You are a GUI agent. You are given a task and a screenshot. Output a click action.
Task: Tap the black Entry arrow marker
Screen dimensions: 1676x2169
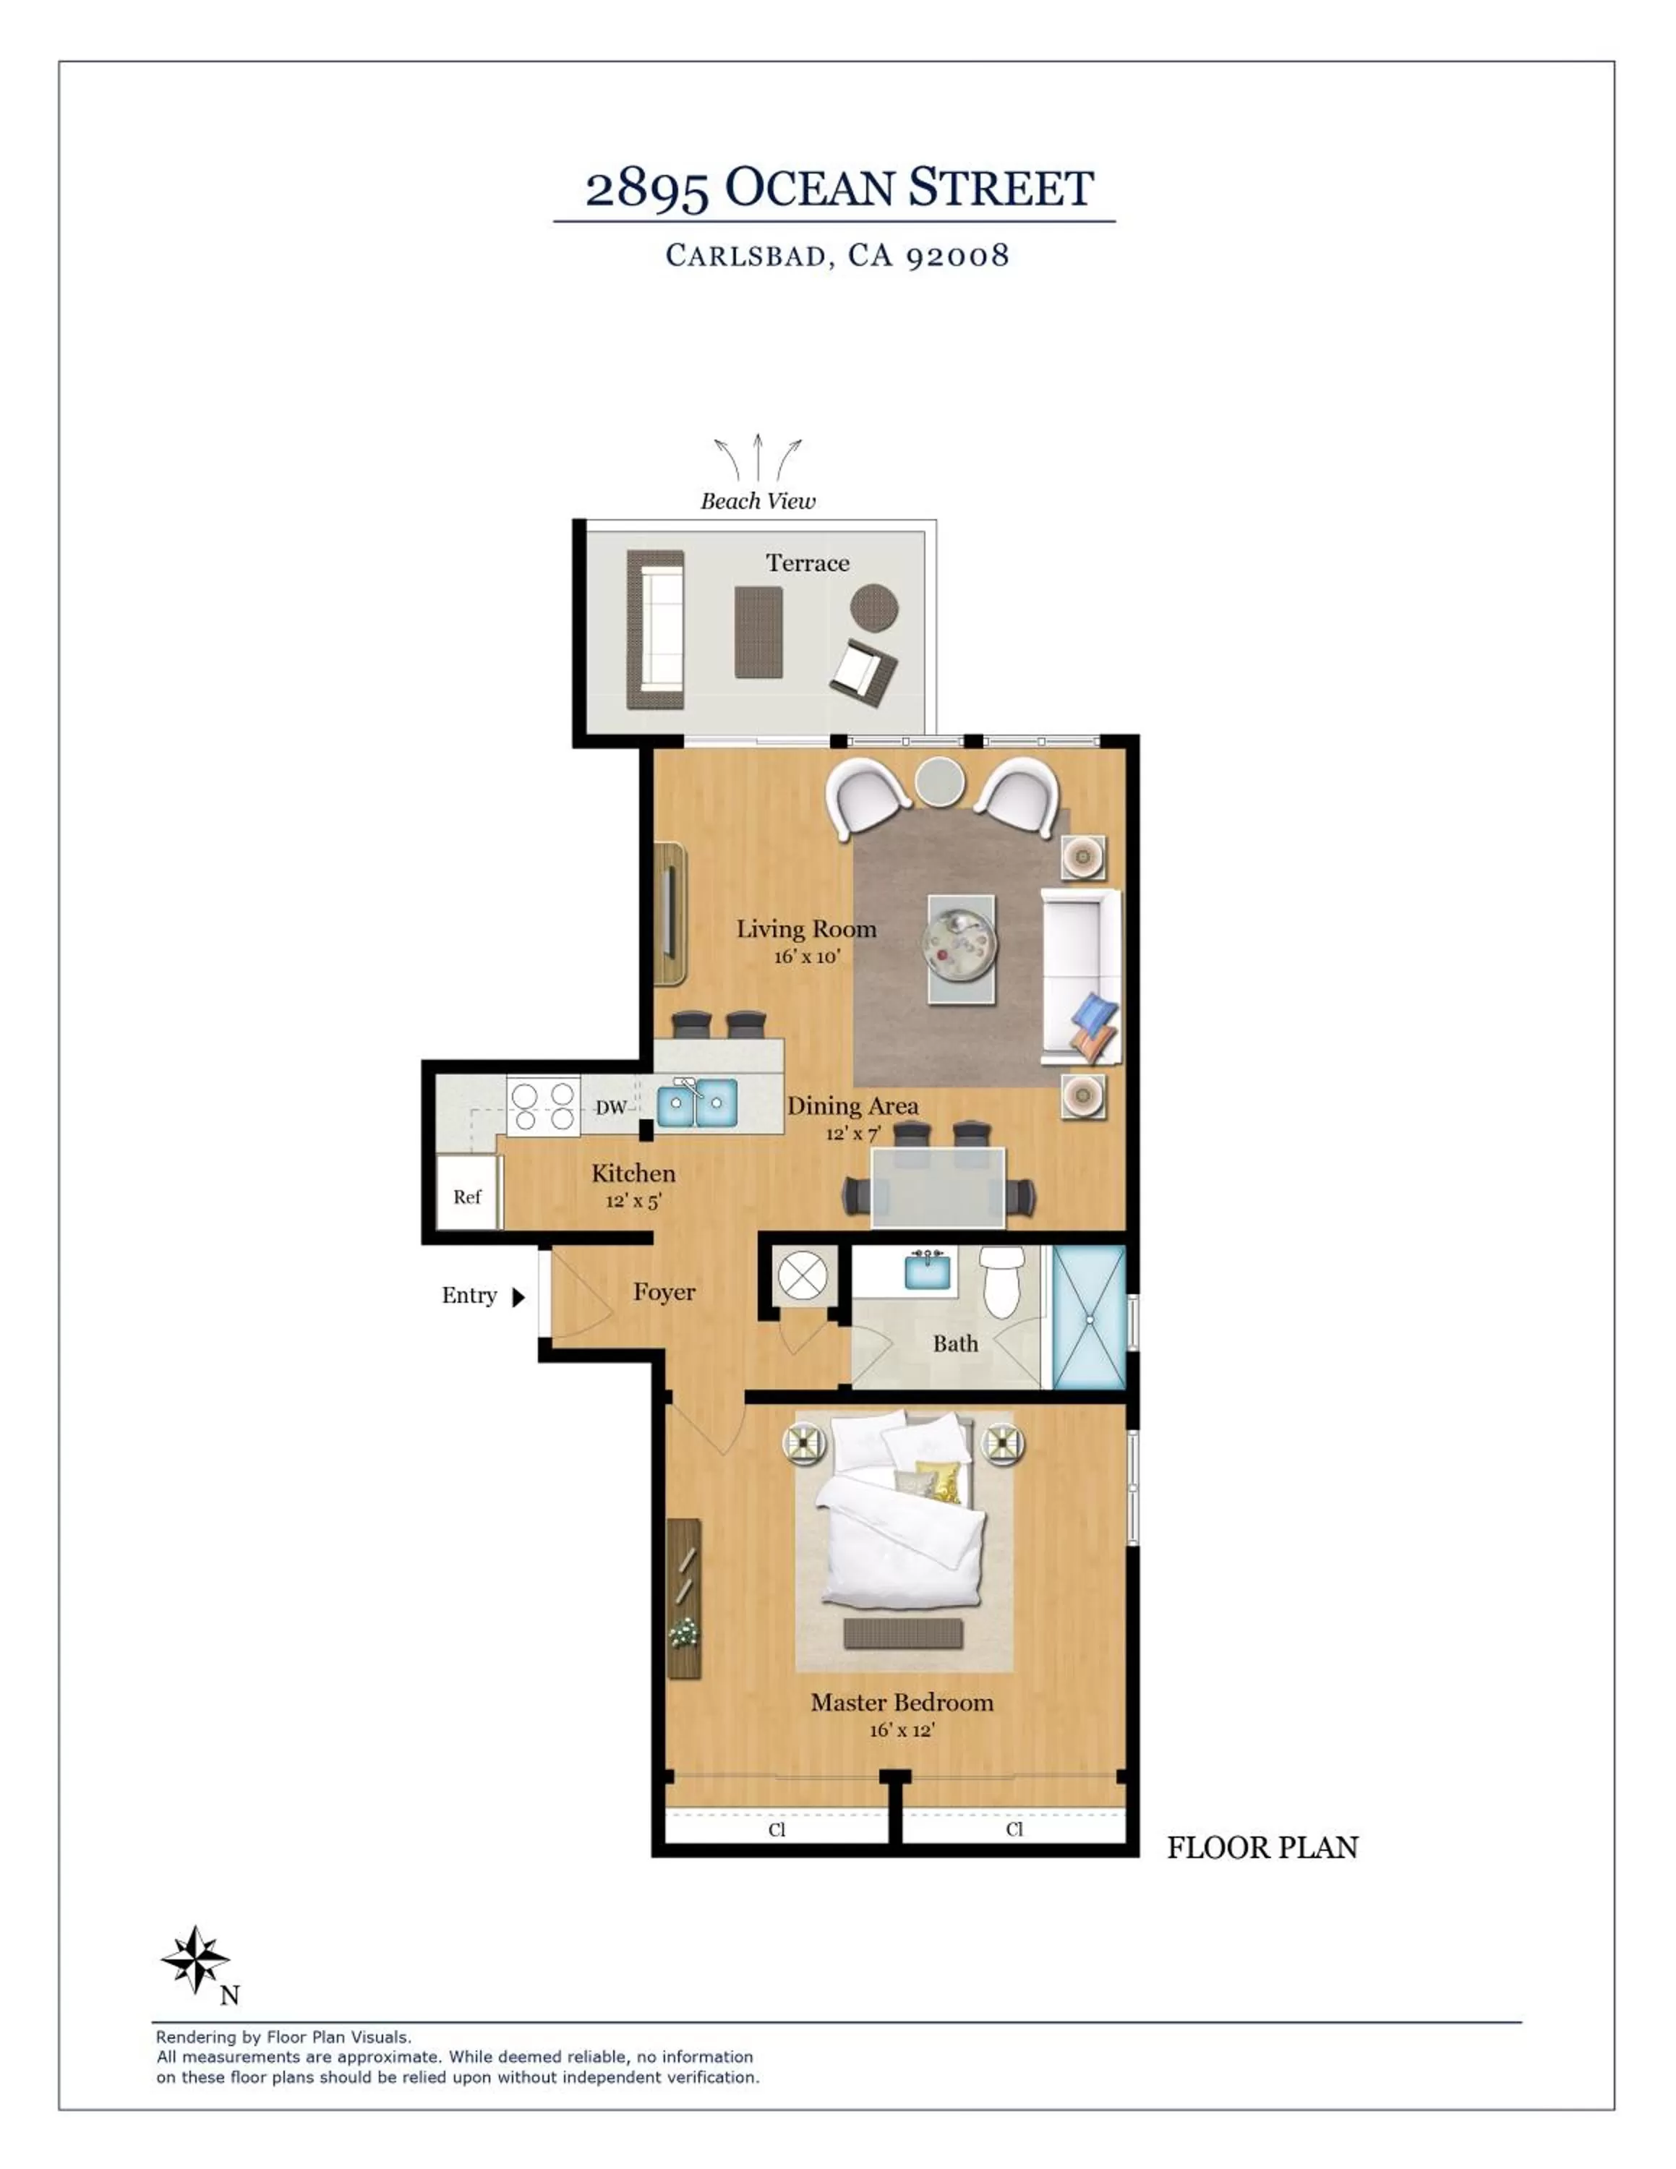pyautogui.click(x=517, y=1297)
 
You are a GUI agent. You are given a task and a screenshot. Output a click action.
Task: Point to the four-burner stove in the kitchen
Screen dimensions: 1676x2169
pyautogui.click(x=543, y=1106)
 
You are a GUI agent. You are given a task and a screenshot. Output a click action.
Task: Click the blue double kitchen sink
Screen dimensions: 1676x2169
pyautogui.click(x=697, y=1103)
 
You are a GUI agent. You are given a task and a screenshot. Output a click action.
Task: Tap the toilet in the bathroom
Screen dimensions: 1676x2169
pyautogui.click(x=1003, y=1281)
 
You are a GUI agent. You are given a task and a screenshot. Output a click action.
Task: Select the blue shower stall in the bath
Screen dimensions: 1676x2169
pyautogui.click(x=1088, y=1317)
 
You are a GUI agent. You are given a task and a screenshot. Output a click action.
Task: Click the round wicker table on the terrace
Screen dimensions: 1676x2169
pyautogui.click(x=873, y=607)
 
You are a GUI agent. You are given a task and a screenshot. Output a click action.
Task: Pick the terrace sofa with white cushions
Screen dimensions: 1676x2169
pyautogui.click(x=655, y=630)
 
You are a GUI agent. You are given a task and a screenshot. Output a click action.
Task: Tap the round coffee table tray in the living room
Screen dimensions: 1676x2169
pyautogui.click(x=960, y=947)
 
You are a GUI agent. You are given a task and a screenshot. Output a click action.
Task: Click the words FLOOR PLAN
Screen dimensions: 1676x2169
pyautogui.click(x=1262, y=1848)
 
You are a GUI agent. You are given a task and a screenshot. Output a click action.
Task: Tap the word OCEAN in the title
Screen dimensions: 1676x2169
pyautogui.click(x=811, y=189)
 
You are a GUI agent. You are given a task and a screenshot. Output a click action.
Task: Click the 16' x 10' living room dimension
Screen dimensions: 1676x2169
pyautogui.click(x=806, y=957)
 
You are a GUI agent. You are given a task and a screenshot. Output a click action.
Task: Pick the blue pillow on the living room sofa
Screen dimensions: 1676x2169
pyautogui.click(x=1095, y=1014)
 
